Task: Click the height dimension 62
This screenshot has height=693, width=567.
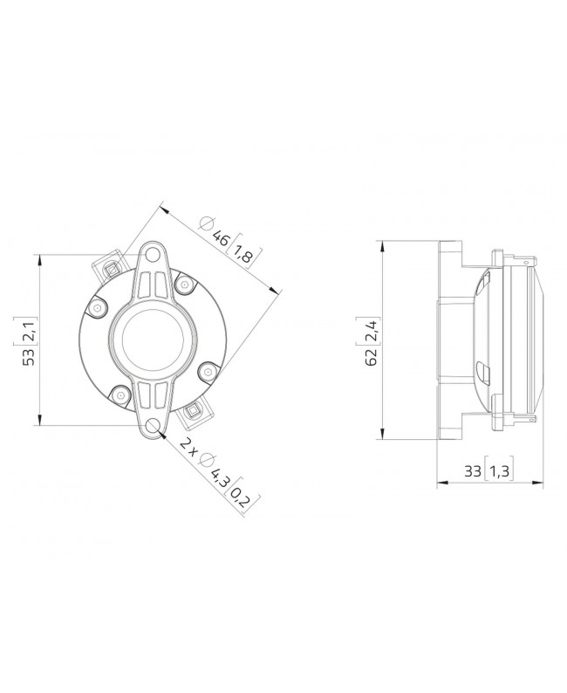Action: point(372,357)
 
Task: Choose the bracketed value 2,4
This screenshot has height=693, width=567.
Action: point(372,331)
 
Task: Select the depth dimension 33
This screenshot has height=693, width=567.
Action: point(473,472)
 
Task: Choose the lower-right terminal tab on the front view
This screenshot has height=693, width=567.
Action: point(195,413)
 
